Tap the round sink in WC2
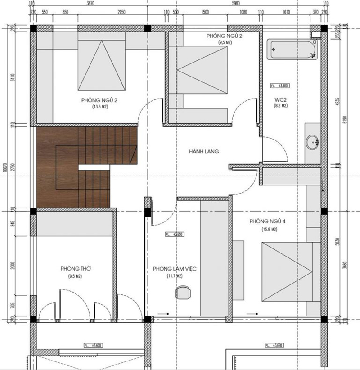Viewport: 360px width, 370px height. [312, 143]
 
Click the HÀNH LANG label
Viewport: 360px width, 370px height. [204, 152]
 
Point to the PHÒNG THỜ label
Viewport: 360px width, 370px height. [76, 268]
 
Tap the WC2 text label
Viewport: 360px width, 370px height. [280, 99]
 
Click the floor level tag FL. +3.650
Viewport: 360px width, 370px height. [175, 235]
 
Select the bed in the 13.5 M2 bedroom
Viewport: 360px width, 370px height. [101, 65]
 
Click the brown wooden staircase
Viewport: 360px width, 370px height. [81, 167]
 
